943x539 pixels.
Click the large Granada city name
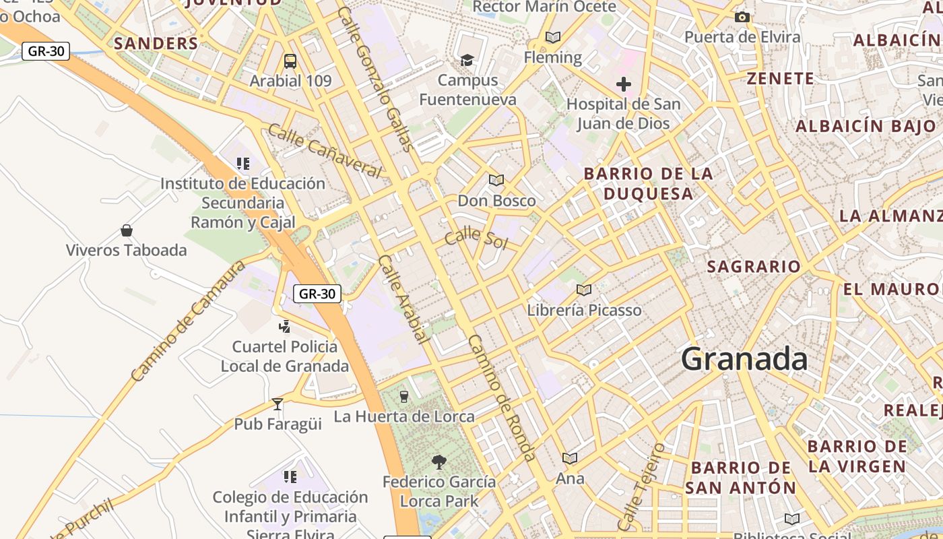point(744,359)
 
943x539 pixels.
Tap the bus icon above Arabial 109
point(290,61)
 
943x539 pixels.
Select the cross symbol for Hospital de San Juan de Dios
point(624,85)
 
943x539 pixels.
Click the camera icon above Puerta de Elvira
point(742,17)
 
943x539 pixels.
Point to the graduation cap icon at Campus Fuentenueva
point(467,61)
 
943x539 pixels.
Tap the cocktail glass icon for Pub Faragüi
point(278,404)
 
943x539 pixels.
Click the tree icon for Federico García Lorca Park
point(439,462)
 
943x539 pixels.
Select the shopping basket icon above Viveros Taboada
point(126,231)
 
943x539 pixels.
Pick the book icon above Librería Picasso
point(584,290)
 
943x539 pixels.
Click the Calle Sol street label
point(476,238)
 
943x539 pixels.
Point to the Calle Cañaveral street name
point(325,151)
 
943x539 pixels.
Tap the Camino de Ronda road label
point(502,398)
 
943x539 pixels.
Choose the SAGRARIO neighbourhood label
point(754,267)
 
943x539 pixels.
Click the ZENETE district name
point(781,79)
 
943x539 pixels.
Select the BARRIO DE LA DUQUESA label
point(648,184)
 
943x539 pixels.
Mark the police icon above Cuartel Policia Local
point(284,327)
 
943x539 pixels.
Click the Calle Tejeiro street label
point(641,486)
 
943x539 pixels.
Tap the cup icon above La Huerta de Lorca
point(404,396)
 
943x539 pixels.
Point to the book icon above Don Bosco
point(496,180)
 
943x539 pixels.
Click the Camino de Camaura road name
point(188,321)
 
